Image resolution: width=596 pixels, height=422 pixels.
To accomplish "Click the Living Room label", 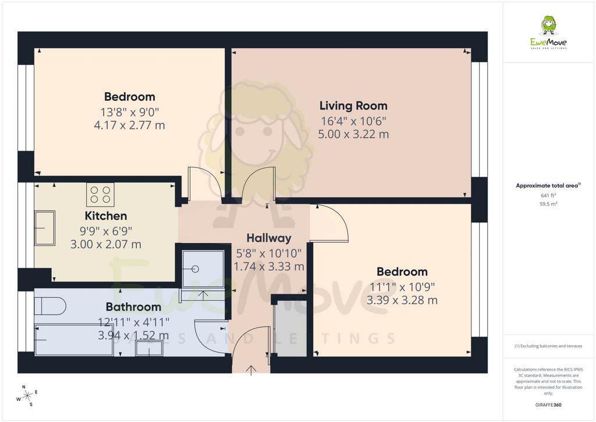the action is tap(353, 105).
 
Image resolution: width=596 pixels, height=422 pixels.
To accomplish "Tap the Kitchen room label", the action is tap(106, 216).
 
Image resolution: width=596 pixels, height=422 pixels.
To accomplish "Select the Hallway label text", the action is tap(269, 238).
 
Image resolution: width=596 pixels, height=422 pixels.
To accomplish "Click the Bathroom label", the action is tap(133, 307).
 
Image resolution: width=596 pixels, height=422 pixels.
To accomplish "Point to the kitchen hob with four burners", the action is tap(100, 195).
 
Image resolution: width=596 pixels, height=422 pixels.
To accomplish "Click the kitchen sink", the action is tap(45, 228).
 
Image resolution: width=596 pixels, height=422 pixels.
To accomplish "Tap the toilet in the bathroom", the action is tap(50, 306).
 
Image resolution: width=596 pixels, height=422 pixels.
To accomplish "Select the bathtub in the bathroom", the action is tap(74, 340).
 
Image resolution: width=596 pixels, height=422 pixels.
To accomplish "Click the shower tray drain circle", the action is tap(196, 269).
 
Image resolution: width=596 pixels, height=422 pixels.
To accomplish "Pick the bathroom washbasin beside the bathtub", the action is tap(150, 348).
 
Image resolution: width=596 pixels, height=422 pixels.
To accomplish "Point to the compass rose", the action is tap(27, 396).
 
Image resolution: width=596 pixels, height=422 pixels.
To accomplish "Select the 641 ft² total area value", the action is tap(548, 195).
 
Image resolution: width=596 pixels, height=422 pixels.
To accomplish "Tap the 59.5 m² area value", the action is tap(548, 204).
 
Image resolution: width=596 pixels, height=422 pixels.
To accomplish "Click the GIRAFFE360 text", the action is tap(548, 405).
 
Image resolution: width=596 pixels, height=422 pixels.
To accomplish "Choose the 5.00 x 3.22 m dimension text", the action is tap(353, 134).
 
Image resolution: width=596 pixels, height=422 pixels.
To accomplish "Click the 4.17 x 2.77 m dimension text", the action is tap(129, 125).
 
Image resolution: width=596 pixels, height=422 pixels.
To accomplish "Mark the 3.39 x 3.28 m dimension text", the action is tap(402, 300).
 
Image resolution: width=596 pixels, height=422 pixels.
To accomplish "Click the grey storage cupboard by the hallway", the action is tap(292, 328).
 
